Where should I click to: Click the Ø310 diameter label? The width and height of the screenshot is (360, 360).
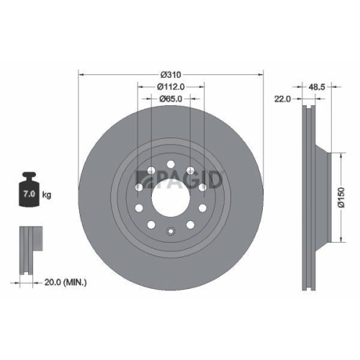(170, 74)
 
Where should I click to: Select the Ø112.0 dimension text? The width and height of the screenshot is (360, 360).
(171, 86)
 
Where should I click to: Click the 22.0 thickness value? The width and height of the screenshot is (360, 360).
(282, 100)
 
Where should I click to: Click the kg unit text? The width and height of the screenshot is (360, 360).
(46, 194)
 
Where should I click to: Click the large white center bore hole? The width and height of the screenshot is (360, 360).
(171, 194)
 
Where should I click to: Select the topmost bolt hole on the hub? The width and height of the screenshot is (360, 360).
(171, 164)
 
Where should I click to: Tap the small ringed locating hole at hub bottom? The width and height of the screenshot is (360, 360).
(171, 231)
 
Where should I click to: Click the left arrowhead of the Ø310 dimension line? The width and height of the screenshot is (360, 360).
(80, 73)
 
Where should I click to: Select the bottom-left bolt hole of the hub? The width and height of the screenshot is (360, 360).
(152, 225)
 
